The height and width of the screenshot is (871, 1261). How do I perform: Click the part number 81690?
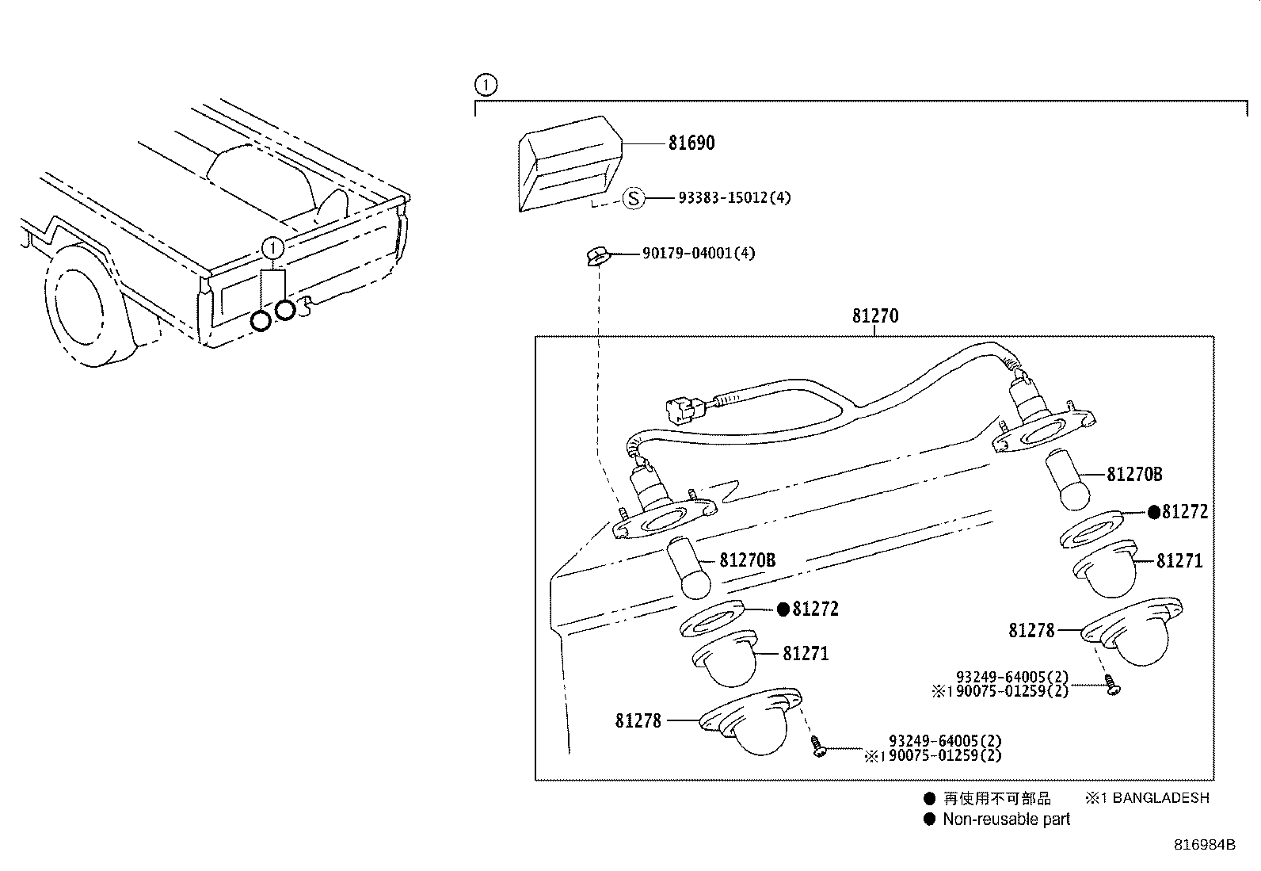(x=691, y=143)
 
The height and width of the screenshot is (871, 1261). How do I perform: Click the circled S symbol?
(x=633, y=197)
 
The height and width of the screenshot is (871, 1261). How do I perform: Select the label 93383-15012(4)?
(x=734, y=197)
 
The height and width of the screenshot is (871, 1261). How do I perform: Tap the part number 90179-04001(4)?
(x=699, y=254)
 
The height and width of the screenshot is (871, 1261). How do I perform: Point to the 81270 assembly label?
(x=875, y=316)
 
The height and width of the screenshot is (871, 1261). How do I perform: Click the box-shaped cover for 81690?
(x=567, y=162)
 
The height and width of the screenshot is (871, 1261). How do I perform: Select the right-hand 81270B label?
(x=1133, y=475)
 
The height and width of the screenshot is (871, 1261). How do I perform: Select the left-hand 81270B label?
(x=747, y=560)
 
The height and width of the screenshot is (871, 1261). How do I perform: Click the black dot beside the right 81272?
(x=1154, y=512)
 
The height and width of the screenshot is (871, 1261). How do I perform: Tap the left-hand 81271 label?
(x=805, y=654)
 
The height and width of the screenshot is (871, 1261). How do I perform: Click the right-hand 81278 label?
(x=1032, y=631)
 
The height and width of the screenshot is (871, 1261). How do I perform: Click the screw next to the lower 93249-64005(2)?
(x=818, y=746)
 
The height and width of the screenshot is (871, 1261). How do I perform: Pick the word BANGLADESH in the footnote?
(x=1160, y=798)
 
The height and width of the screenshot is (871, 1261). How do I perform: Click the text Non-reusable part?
(x=1006, y=819)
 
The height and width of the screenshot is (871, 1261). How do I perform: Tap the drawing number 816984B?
(x=1204, y=845)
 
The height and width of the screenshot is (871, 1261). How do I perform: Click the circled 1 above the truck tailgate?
(x=272, y=248)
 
